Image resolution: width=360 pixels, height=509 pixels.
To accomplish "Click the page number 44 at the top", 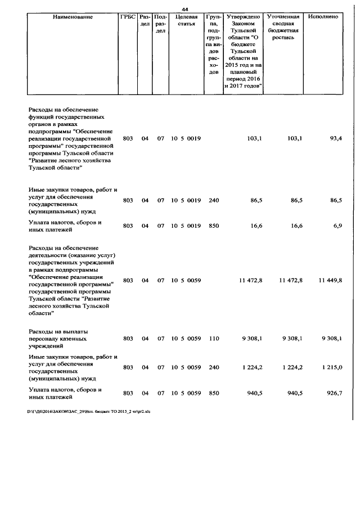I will pyautogui.click(x=184, y=8).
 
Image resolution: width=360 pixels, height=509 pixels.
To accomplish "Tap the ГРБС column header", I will pyautogui.click(x=128, y=17).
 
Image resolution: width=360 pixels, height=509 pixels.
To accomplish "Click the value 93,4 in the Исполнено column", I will pyautogui.click(x=336, y=138).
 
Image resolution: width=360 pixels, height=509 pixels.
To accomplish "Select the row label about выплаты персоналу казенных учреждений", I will pyautogui.click(x=62, y=339).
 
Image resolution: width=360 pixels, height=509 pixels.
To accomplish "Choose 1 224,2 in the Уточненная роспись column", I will pyautogui.click(x=290, y=367).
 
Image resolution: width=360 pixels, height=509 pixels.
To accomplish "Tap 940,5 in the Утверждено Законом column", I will pyautogui.click(x=253, y=393).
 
